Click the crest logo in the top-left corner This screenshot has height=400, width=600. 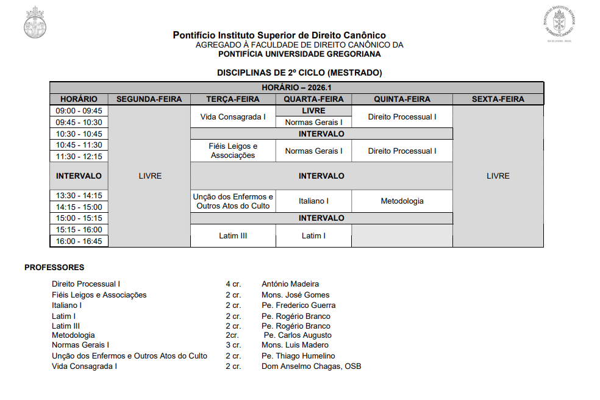[35, 24]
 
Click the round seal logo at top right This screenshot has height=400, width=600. [559, 23]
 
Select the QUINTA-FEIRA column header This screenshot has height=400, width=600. [402, 99]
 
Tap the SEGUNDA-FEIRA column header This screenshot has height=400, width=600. [149, 99]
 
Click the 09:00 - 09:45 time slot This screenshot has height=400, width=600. [79, 111]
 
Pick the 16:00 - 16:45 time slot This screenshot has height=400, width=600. [79, 241]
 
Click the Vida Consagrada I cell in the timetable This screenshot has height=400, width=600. [233, 116]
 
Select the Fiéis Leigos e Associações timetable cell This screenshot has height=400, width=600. [233, 151]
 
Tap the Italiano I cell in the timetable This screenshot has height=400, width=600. [313, 201]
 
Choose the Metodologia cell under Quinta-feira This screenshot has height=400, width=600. [402, 201]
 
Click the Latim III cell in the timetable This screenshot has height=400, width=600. [233, 235]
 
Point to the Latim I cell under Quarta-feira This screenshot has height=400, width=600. [313, 235]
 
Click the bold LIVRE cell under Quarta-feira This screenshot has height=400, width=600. [313, 111]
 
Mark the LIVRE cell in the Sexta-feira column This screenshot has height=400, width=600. [498, 176]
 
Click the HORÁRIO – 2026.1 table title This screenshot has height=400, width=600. [296, 88]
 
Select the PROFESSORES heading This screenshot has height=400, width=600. [54, 267]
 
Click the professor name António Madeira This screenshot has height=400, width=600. [290, 284]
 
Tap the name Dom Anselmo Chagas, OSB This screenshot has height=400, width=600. [311, 366]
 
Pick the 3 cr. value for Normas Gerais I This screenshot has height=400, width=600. [233, 345]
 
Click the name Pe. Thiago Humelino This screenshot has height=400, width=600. [298, 355]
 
